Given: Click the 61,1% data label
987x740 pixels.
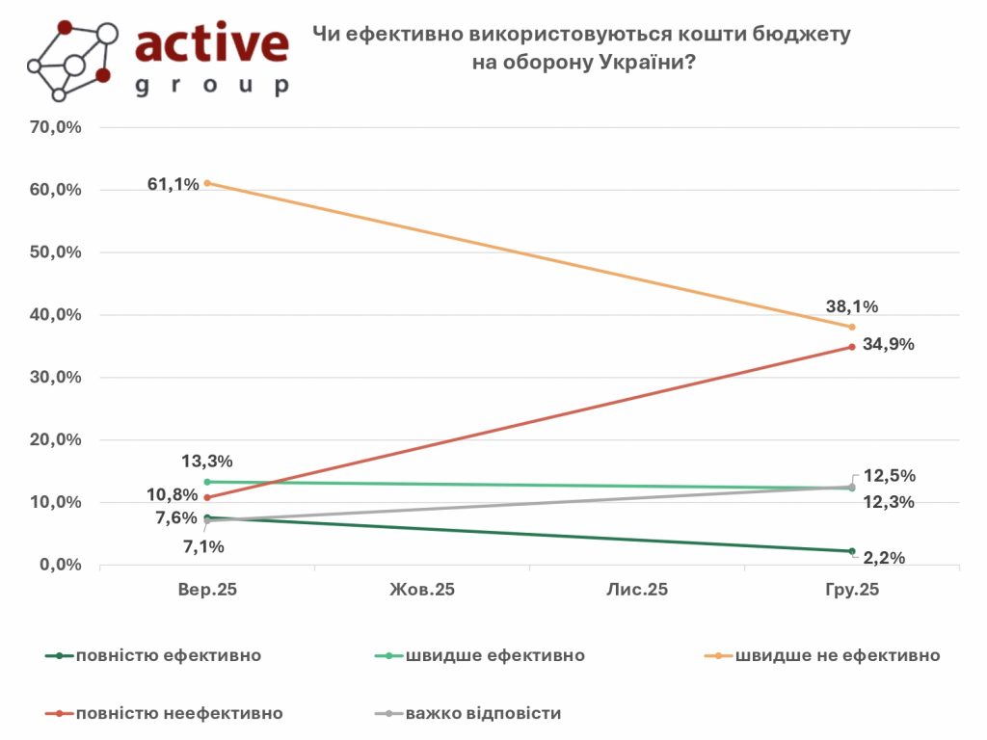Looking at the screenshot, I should point(173,183).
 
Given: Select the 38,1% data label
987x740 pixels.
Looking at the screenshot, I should point(852,307).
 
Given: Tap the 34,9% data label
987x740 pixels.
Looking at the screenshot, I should point(888,344).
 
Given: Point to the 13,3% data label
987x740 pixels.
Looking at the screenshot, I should point(207,462).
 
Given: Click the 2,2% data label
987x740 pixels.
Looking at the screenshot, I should point(885,557).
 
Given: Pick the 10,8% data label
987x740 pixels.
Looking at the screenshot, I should point(173,495).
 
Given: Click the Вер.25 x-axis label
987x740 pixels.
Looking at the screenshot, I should point(207,590).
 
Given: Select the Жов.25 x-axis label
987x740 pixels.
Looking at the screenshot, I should point(422,590).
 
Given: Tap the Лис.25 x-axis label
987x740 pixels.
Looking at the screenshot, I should point(637,590).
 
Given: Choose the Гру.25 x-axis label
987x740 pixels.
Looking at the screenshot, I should point(852,590).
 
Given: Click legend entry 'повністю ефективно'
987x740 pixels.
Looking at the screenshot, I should point(170,656).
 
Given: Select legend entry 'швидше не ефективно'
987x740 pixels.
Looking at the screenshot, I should point(837,656).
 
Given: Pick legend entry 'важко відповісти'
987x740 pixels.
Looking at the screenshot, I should point(483,714).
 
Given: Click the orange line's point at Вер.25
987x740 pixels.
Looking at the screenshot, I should point(207,183).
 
